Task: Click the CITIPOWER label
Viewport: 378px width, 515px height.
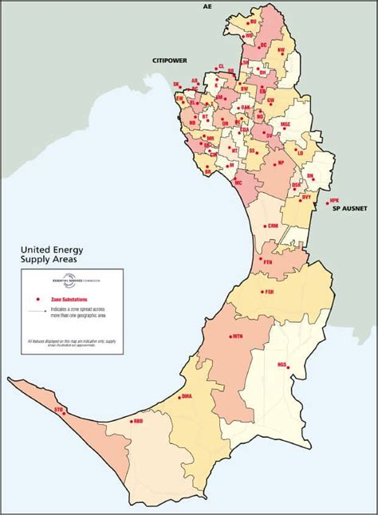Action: (x=169, y=60)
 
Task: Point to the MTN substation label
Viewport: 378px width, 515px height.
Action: (x=238, y=337)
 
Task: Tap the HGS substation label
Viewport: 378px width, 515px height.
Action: (x=282, y=364)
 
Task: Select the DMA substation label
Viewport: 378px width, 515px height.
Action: (x=187, y=395)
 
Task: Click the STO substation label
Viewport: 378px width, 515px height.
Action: (x=58, y=408)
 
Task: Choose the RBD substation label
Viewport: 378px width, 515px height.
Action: (x=138, y=420)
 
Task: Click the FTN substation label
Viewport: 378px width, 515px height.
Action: (x=267, y=261)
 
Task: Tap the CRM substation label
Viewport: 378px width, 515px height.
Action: (x=273, y=226)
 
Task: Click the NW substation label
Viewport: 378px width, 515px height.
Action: (x=281, y=50)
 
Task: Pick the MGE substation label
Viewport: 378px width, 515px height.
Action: (x=285, y=125)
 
